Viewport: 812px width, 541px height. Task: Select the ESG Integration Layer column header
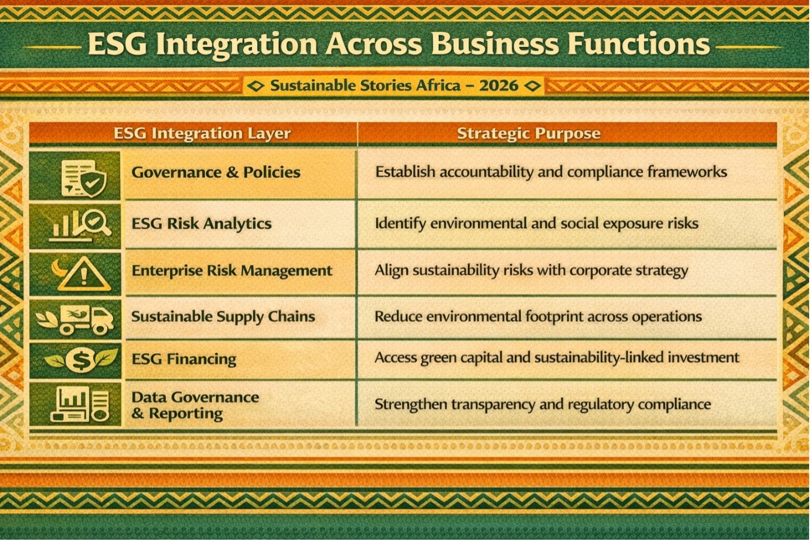tap(202, 133)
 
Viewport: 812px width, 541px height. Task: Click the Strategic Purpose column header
tap(529, 133)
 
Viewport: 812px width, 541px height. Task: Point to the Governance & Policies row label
tap(216, 173)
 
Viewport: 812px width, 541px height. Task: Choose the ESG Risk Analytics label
tap(202, 224)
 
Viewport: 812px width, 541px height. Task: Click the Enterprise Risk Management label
tap(232, 270)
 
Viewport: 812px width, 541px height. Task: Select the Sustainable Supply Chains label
tap(223, 316)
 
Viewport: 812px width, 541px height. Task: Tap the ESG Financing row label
tap(184, 359)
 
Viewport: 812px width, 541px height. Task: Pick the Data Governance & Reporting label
tap(195, 405)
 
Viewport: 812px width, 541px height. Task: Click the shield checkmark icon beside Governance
tap(93, 183)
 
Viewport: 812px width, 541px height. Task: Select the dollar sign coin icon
tap(82, 360)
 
